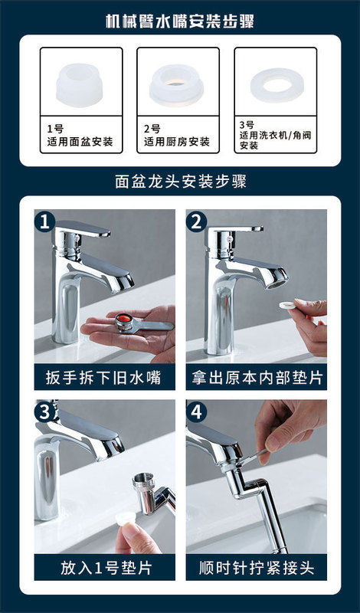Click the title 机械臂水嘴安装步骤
pos(180,21)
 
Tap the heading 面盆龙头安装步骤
pos(181,182)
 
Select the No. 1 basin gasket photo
pos(80,85)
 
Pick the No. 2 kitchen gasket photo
pos(176,85)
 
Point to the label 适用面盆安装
pos(80,142)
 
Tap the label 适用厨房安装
pos(177,142)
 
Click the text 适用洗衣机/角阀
pos(276,136)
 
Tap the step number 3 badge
pos(44,412)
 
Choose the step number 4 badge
pos(196,412)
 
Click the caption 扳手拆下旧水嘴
pos(103,378)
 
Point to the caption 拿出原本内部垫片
pos(257,378)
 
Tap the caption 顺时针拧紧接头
pos(257,568)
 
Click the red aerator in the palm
pos(123,320)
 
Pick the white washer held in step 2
pos(287,305)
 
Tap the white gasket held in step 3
pos(126,519)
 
